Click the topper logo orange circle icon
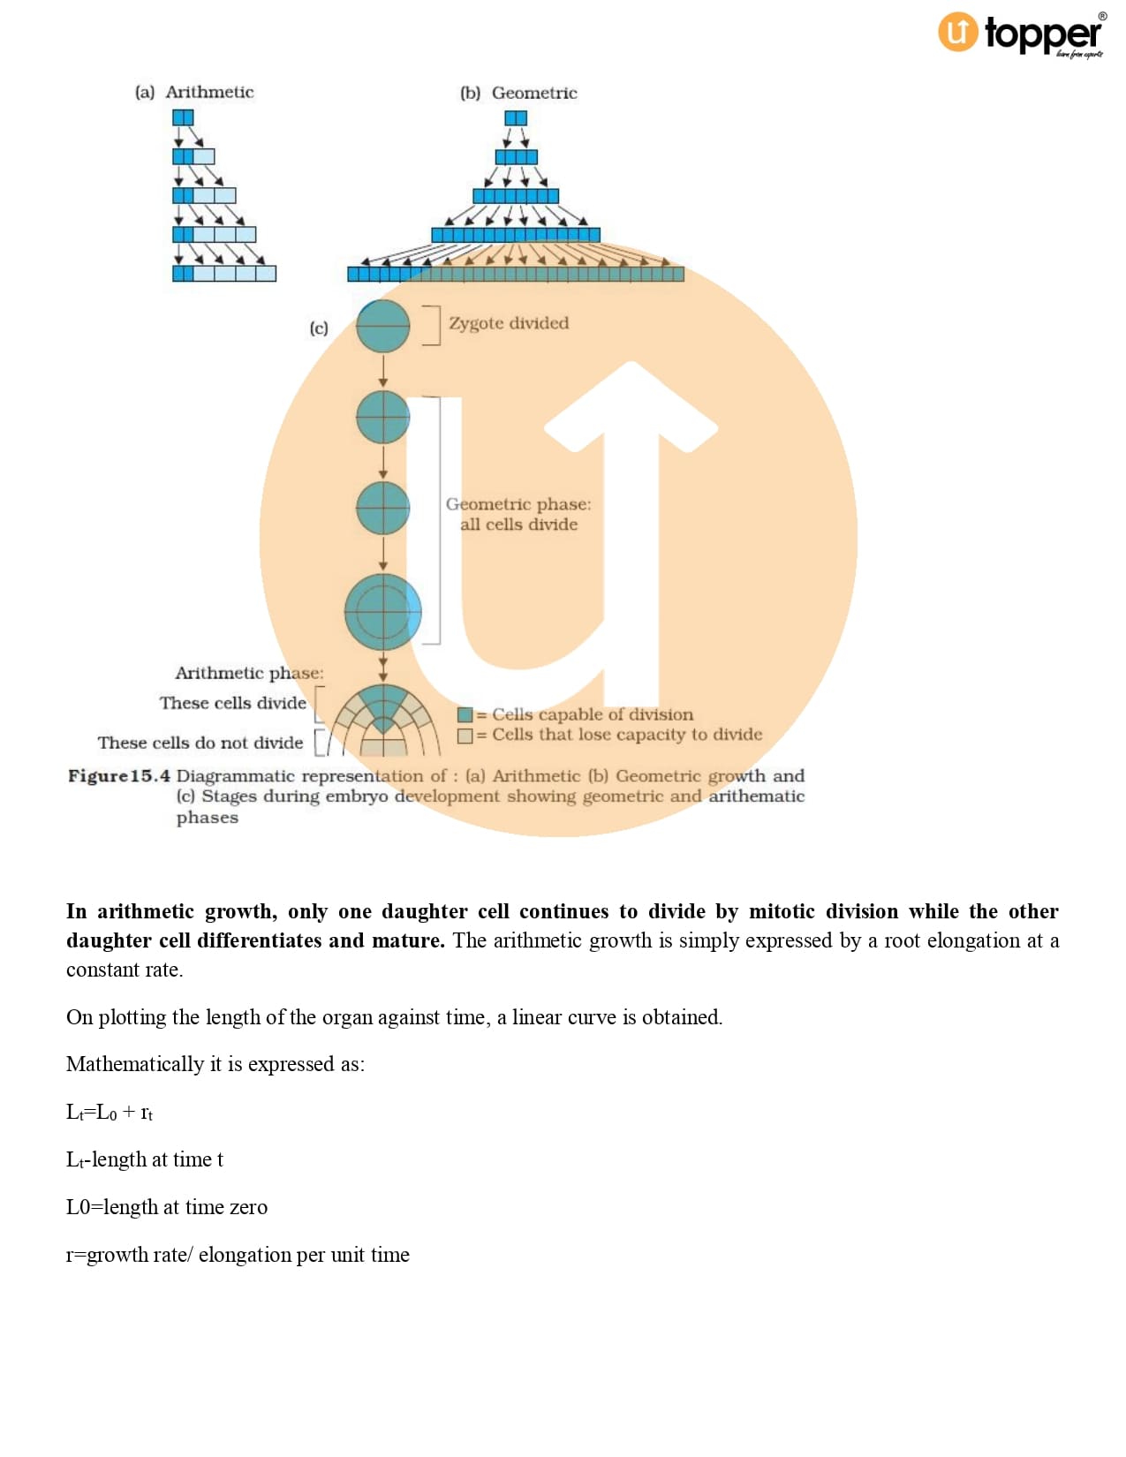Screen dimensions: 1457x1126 pos(957,33)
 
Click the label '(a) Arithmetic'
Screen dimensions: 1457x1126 pos(194,92)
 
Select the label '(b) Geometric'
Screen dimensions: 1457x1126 pos(518,93)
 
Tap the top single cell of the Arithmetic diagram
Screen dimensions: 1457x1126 pos(183,117)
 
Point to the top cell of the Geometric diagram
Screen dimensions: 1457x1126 pos(516,118)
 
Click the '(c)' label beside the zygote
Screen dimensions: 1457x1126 pos(319,328)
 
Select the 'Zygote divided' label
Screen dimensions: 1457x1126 pos(509,323)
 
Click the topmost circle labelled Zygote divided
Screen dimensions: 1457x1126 pos(382,326)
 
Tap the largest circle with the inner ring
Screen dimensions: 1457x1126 pos(382,612)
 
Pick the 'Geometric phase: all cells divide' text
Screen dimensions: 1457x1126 pos(518,514)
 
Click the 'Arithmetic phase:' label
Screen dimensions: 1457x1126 pos(249,673)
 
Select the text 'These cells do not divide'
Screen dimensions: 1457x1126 pos(200,743)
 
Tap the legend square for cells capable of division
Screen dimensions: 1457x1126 pos(465,714)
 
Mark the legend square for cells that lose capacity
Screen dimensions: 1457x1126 pos(465,735)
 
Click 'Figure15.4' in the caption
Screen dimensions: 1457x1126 pos(118,776)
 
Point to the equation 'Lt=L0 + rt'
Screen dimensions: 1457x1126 pos(110,1112)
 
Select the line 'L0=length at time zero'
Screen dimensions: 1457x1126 pos(167,1207)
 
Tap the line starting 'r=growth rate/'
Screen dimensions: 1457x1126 pos(238,1255)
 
